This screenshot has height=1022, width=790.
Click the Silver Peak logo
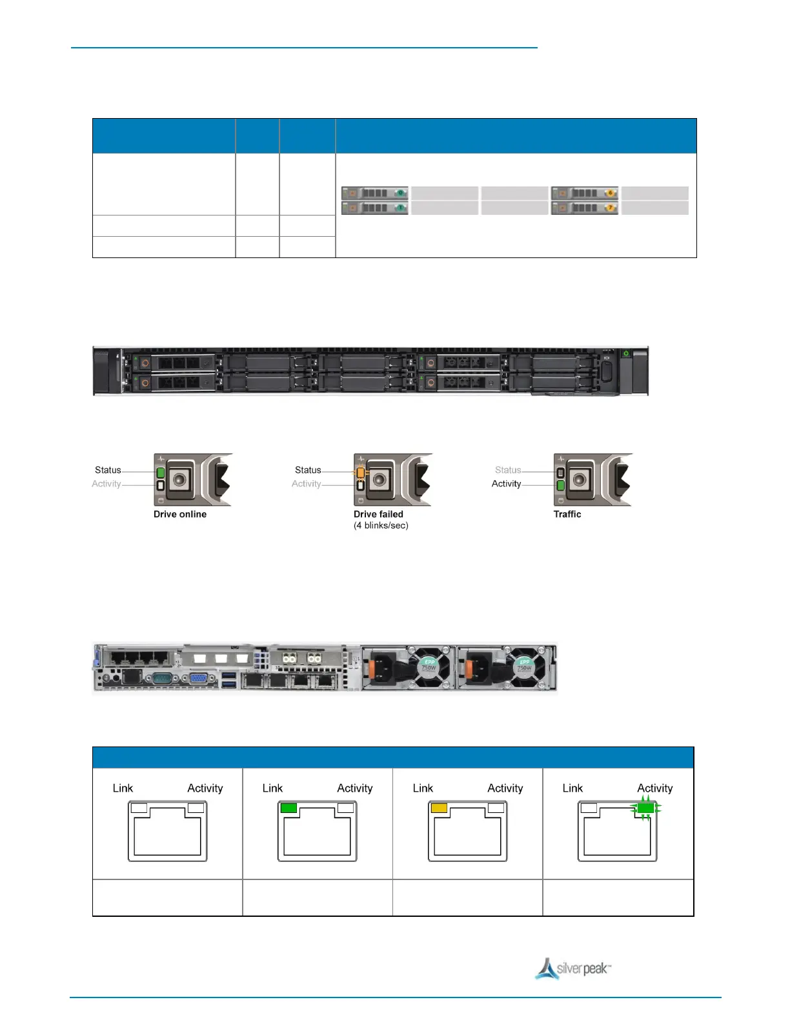(x=573, y=968)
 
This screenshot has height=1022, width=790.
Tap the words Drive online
(x=180, y=514)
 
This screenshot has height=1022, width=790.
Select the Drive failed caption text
(x=378, y=514)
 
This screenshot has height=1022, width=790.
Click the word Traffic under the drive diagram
(x=567, y=514)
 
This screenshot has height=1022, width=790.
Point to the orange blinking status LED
(x=360, y=472)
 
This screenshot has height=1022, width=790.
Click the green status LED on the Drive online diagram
(x=161, y=472)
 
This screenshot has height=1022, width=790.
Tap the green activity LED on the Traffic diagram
(x=560, y=485)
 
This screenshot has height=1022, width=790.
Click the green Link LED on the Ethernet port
(x=289, y=808)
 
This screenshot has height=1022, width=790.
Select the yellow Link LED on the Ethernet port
(x=439, y=808)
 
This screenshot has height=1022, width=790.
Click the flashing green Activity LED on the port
(x=645, y=808)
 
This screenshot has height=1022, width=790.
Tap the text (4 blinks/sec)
(x=381, y=525)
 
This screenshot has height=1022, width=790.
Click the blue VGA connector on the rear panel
(x=199, y=678)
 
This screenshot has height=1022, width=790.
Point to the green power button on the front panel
(x=625, y=354)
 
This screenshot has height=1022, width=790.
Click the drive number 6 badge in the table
(x=609, y=193)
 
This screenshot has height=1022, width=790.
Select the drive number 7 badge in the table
(x=609, y=208)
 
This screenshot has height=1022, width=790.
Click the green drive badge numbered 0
(x=400, y=193)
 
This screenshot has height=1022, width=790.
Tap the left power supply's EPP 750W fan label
(x=429, y=664)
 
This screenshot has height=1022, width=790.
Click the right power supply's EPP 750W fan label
(x=524, y=664)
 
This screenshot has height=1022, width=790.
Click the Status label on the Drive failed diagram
(x=308, y=470)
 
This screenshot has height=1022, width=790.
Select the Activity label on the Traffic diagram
(x=506, y=484)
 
